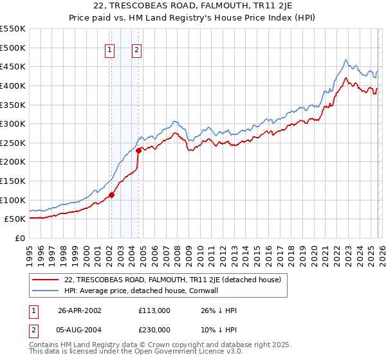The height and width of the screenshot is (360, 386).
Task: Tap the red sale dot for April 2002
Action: coord(111,195)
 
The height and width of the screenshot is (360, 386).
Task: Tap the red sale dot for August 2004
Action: coord(138,150)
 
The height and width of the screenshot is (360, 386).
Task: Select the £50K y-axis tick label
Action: coord(16,219)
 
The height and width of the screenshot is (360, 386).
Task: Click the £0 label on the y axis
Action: coord(21,238)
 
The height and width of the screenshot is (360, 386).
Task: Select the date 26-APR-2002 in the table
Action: coord(79,310)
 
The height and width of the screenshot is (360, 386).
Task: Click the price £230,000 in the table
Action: coord(154,328)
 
